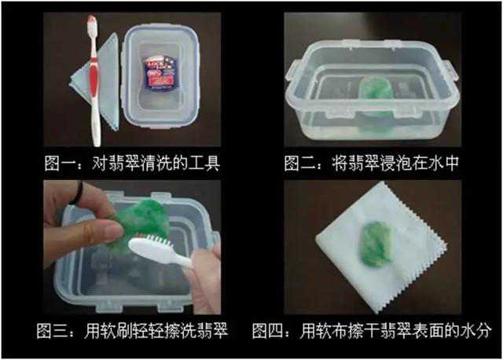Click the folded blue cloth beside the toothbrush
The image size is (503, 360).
point(96,80)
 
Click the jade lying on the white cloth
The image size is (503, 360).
point(376,244)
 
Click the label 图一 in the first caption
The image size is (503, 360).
point(60,163)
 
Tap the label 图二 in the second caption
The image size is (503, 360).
point(299,163)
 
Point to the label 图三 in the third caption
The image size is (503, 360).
point(52,331)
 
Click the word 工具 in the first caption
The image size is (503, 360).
point(204,163)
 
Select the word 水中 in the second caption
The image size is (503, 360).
point(443,163)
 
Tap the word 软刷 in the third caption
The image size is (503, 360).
point(116,331)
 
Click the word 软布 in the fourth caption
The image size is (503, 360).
point(332,331)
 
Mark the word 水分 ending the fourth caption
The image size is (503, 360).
point(475,331)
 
